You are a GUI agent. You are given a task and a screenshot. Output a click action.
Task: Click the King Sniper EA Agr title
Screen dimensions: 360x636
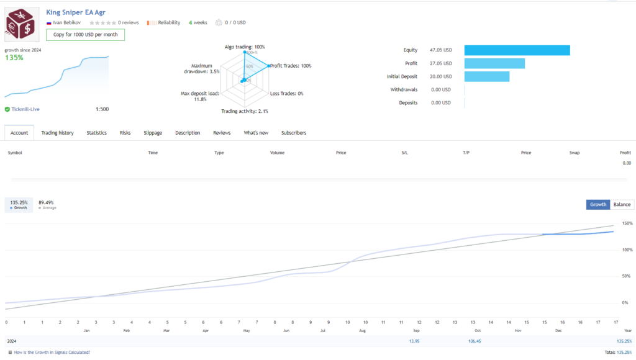(76, 12)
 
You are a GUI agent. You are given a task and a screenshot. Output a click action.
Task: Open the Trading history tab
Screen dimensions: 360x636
(57, 133)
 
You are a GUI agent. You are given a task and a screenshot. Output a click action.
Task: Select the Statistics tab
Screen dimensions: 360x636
(96, 133)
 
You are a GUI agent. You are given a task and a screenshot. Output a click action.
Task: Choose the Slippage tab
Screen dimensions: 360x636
(153, 133)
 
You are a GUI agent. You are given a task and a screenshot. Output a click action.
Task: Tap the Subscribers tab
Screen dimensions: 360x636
(293, 133)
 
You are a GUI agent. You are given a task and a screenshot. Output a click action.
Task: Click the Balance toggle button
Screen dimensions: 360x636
(622, 204)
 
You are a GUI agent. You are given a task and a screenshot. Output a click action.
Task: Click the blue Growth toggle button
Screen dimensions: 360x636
(598, 204)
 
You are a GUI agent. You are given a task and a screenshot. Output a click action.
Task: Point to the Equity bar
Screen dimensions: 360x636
(517, 50)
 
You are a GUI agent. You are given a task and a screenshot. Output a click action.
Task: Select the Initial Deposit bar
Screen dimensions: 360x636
(486, 76)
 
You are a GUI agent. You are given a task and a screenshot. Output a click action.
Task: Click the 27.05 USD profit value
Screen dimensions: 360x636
(441, 63)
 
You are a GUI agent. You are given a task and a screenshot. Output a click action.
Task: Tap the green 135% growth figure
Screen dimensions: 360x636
(14, 58)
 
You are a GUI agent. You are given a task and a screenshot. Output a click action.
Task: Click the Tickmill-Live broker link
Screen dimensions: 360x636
(26, 109)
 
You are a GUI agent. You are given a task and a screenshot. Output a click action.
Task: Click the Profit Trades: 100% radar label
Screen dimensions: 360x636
(291, 66)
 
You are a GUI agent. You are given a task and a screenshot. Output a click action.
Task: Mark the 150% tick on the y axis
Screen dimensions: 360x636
(627, 223)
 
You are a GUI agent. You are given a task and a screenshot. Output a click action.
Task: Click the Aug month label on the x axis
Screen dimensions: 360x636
(361, 331)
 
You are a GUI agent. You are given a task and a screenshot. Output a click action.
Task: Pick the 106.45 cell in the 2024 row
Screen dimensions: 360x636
(475, 341)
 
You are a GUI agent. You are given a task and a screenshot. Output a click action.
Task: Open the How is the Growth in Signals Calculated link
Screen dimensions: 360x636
(52, 352)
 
